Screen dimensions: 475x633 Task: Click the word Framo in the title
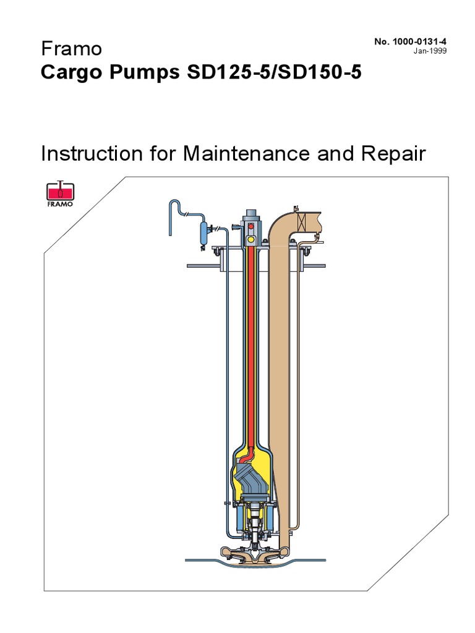tap(72, 49)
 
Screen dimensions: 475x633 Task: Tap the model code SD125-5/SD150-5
tap(274, 72)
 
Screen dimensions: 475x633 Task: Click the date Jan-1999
tap(430, 51)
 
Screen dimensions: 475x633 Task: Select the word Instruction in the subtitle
tap(92, 154)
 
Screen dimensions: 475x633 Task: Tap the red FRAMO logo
tap(60, 193)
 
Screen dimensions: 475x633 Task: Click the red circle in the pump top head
tap(251, 226)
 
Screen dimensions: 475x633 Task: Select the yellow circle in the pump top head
tap(251, 239)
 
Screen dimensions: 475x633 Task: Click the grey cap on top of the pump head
tap(251, 213)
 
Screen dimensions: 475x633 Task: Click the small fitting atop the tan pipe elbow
tap(295, 209)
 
